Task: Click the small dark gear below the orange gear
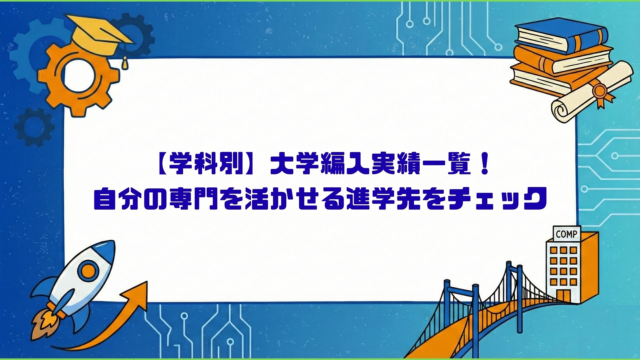pos(34,127)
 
